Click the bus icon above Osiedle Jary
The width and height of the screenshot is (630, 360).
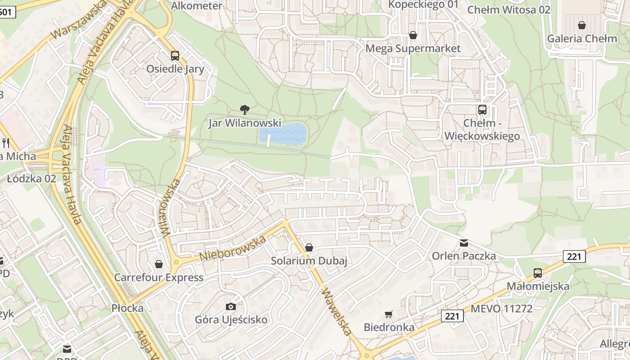tap(175, 56)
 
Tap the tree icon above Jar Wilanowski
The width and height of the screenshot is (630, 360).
tap(245, 109)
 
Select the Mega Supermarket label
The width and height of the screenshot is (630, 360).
tap(413, 48)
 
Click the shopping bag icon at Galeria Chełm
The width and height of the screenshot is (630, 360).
tap(582, 25)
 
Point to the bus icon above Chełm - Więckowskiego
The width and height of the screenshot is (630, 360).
tap(482, 109)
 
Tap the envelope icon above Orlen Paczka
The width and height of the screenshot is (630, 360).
tap(463, 243)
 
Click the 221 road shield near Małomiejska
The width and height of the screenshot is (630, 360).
tap(574, 257)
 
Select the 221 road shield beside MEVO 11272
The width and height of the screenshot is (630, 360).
tap(452, 316)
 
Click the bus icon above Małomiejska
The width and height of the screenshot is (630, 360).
tap(538, 273)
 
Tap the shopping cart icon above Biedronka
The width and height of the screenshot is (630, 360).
tap(389, 314)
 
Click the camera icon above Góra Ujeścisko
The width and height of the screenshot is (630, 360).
tap(230, 306)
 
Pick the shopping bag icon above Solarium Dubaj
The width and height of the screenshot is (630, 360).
tap(309, 247)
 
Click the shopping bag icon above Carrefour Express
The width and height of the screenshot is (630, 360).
tap(158, 264)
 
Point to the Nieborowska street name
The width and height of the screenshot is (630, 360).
tap(233, 248)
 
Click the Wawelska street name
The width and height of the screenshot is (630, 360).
tap(337, 312)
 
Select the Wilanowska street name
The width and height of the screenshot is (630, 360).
tap(171, 207)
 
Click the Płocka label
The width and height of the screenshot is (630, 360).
tap(127, 308)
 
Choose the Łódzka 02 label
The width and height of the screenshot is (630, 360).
tap(31, 179)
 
